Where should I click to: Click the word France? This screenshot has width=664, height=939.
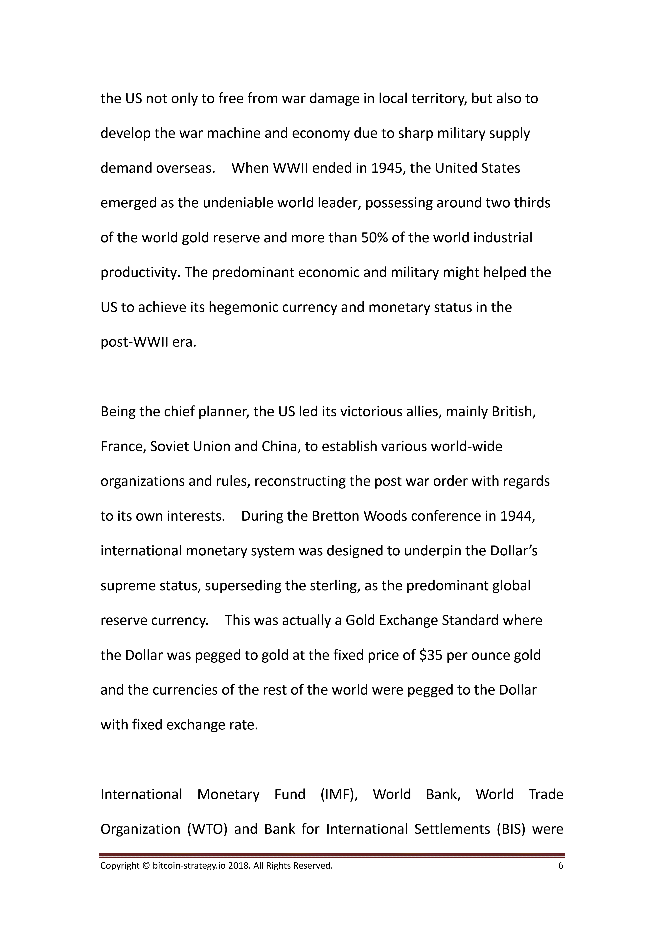(121, 447)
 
